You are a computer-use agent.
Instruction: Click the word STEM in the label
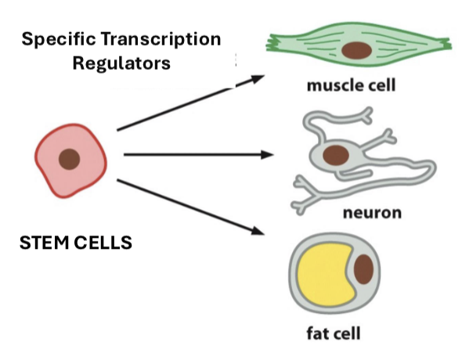(42, 243)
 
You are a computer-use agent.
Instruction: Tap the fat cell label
(334, 335)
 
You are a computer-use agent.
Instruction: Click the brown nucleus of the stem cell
(70, 159)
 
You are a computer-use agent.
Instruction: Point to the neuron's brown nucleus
(337, 154)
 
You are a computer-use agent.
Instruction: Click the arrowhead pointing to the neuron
(267, 154)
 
